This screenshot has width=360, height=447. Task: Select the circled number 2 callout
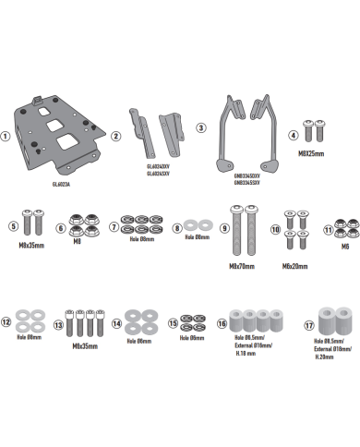coord(116,136)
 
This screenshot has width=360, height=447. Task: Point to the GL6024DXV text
coord(158,166)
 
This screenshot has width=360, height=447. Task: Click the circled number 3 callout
coord(201,127)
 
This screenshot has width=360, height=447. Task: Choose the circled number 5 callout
coord(14,224)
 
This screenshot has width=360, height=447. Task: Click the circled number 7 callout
coord(114,225)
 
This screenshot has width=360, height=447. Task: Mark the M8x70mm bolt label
coord(241,265)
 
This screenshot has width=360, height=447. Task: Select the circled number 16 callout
coord(222,324)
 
